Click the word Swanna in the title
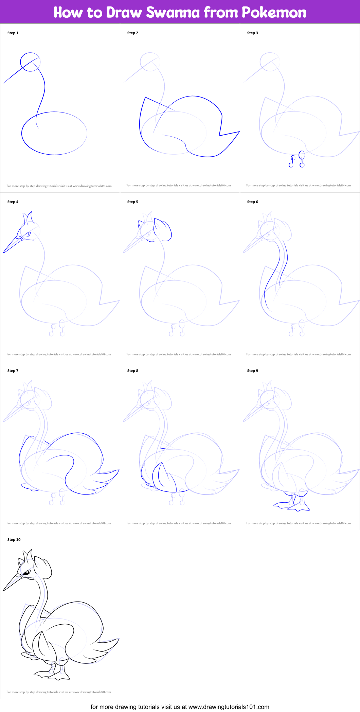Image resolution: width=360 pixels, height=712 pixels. pos(173,13)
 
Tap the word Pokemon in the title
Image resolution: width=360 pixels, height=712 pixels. pos(274,13)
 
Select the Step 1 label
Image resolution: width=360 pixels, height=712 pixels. pos(13,33)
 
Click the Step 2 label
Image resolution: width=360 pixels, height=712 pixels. pos(133,33)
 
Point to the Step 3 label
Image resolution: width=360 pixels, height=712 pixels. pos(253,33)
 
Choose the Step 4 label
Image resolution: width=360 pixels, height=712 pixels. pos(13,202)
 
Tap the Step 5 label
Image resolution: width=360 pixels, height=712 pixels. pos(133,202)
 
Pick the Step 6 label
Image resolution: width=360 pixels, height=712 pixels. pos(253,202)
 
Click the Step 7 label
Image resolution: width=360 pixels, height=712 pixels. pos(13,371)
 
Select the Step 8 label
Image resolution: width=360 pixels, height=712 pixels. pos(133,371)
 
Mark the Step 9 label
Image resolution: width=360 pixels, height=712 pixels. pos(253,371)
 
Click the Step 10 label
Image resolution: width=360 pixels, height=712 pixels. pos(14,540)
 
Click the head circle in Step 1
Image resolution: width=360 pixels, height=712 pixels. pos(30,62)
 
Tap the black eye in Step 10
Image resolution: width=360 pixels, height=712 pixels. pos(26,573)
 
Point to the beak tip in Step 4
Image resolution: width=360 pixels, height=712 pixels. pos(4,252)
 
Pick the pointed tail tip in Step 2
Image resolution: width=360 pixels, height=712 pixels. pos(239,132)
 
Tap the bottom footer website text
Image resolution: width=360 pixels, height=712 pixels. pos(180,707)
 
